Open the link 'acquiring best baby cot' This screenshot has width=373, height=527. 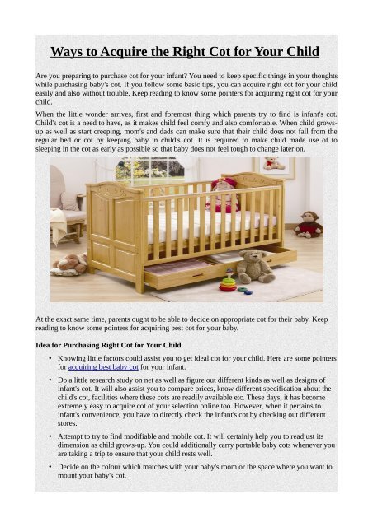pyautogui.click(x=103, y=368)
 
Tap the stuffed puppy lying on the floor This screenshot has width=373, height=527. pyautogui.click(x=70, y=263)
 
